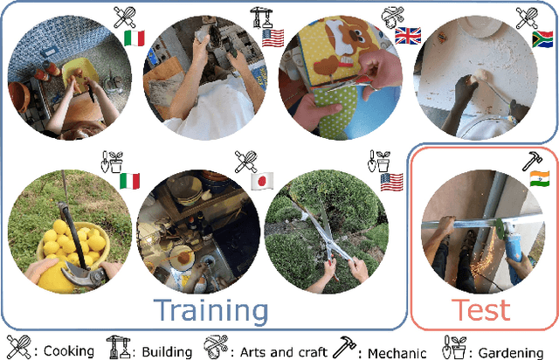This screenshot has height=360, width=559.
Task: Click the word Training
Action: coord(210,311)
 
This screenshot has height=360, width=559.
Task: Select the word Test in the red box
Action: coord(480,309)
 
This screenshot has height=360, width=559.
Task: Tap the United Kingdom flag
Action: coord(408,36)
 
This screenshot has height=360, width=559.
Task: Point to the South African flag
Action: coord(542,39)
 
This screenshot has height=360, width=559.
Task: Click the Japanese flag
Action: coord(262,181)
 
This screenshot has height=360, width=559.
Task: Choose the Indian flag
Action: coord(540,179)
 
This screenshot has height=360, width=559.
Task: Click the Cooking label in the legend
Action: coord(69,351)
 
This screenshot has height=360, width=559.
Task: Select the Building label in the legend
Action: coord(167,352)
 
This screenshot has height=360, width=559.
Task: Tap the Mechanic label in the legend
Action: coord(397,353)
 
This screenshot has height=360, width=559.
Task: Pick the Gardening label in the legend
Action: coord(510,353)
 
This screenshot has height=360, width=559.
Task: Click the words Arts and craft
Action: coord(283,352)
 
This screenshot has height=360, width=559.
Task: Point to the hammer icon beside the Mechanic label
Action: coord(344,347)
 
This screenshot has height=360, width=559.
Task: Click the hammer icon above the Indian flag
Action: coord(532,162)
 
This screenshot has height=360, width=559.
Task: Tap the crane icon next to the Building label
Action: coord(119,347)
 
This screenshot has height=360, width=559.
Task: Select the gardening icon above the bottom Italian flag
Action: coord(112,162)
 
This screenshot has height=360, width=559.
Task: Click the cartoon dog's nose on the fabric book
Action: coord(353,35)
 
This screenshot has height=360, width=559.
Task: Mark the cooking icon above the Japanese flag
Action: coord(246,162)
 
